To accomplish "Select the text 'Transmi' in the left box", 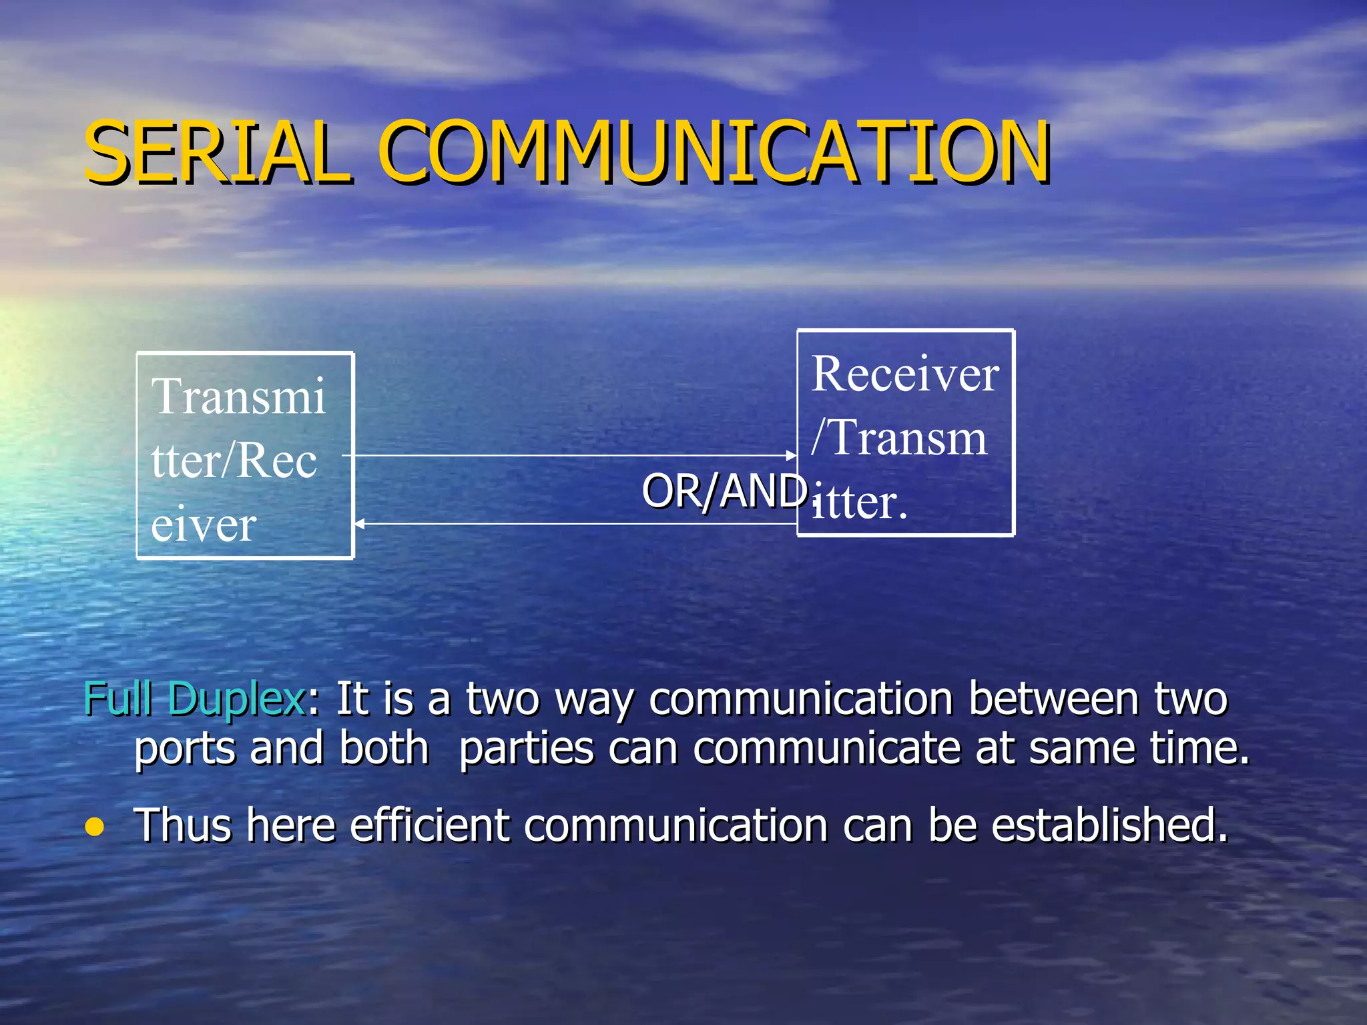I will [238, 396].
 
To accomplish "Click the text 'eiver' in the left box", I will [204, 525].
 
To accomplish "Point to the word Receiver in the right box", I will [904, 374].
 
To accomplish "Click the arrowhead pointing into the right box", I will [792, 456].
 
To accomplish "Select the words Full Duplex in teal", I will [194, 699].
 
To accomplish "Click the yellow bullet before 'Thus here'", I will [95, 827].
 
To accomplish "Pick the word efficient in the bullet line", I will [430, 825].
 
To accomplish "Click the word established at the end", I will [1109, 825].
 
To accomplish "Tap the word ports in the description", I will [185, 749].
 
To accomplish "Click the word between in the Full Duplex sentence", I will [1053, 699].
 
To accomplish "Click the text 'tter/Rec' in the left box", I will [234, 460].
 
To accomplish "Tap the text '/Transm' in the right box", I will [898, 438].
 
